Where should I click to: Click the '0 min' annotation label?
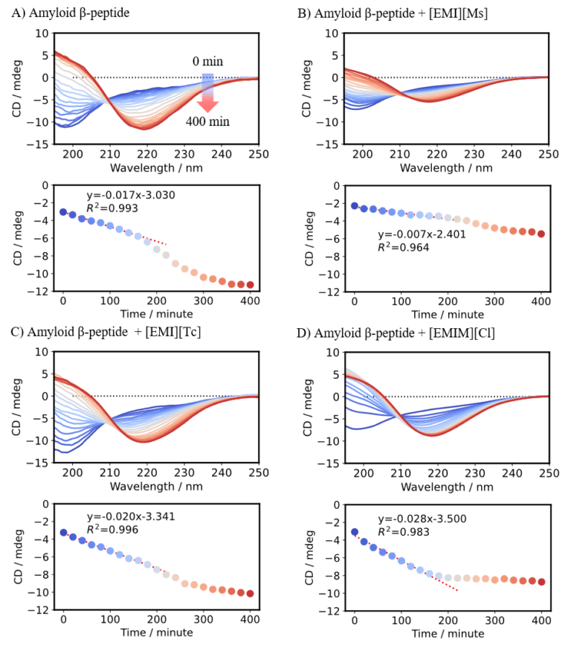pos(207,62)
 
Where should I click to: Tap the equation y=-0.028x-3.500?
pos(422,519)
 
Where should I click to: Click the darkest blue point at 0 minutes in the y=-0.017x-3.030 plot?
pos(63,212)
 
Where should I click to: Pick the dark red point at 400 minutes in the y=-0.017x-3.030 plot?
pos(251,285)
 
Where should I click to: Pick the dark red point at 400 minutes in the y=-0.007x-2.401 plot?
pos(541,234)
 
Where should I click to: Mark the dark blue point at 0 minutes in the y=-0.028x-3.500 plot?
pos(355,532)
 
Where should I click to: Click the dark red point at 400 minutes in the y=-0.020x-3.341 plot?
pos(251,594)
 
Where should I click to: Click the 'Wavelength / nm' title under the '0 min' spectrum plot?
pos(157,167)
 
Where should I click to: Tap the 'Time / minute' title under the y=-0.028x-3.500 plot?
pos(448,634)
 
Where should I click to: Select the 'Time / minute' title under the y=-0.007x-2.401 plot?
pos(448,315)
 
